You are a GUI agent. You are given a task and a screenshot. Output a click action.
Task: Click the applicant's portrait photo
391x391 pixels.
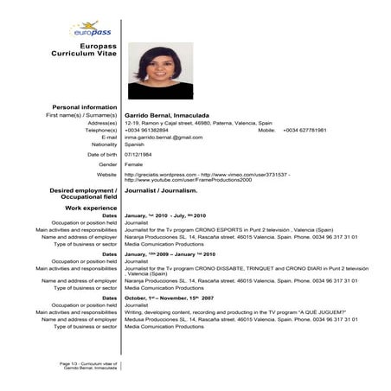coord(161,71)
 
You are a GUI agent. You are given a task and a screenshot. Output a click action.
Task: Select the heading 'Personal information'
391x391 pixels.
coord(85,106)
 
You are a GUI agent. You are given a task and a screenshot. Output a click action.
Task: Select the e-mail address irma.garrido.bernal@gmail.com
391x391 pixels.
coord(163,137)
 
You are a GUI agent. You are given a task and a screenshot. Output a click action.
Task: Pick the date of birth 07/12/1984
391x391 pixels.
coord(140,154)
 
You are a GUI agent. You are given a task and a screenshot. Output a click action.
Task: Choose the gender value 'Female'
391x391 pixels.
coord(134,163)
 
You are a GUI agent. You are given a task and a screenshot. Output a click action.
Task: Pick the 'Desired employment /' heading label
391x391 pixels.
coord(83,189)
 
